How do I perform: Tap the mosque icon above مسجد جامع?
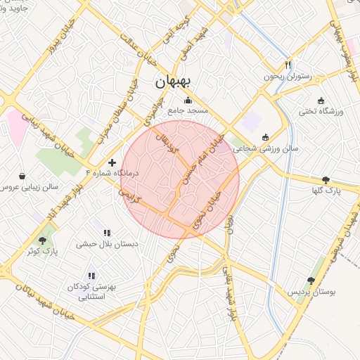(187, 100)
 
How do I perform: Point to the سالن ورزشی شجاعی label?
(266, 149)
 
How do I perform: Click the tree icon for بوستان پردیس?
(311, 281)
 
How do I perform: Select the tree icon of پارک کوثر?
(42, 240)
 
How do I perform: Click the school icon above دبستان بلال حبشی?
(107, 233)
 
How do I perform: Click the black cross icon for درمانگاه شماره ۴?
(112, 162)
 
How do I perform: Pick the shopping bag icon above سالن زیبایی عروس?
(22, 176)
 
